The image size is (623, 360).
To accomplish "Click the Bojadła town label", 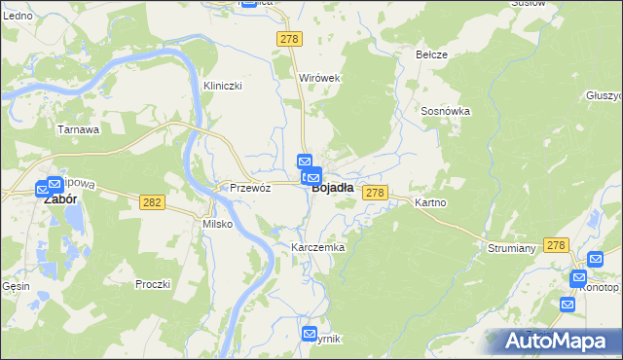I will [x=332, y=190].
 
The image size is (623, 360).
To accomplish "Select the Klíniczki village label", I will [x=222, y=86].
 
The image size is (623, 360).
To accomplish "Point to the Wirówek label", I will [x=318, y=77].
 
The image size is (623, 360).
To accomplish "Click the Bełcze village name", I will [x=431, y=54].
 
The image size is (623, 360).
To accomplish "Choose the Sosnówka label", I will [x=446, y=111].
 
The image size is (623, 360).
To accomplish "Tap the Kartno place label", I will [x=429, y=202].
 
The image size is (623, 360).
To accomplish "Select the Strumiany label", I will [x=512, y=248].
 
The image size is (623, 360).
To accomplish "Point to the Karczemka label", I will [x=318, y=248].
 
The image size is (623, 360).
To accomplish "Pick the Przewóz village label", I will [x=248, y=188].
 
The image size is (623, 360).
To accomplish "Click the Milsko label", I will [x=216, y=224].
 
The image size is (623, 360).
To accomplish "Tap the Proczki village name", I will [x=153, y=284].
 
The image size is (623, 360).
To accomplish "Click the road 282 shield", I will [x=151, y=201].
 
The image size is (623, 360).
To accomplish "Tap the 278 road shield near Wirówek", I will [x=289, y=38].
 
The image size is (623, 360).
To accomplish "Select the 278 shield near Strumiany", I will [x=556, y=246].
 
